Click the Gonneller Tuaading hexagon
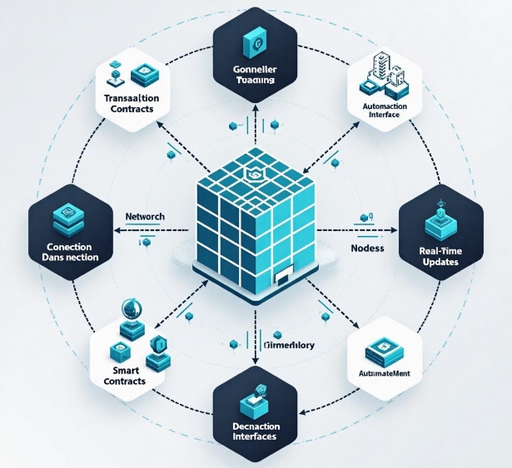(x=256, y=62)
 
